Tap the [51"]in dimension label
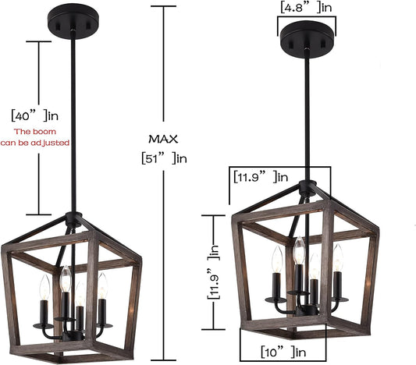tap(164, 159)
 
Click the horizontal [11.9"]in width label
tap(261, 176)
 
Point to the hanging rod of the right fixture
tap(313, 117)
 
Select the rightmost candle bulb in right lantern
tap(338, 257)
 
